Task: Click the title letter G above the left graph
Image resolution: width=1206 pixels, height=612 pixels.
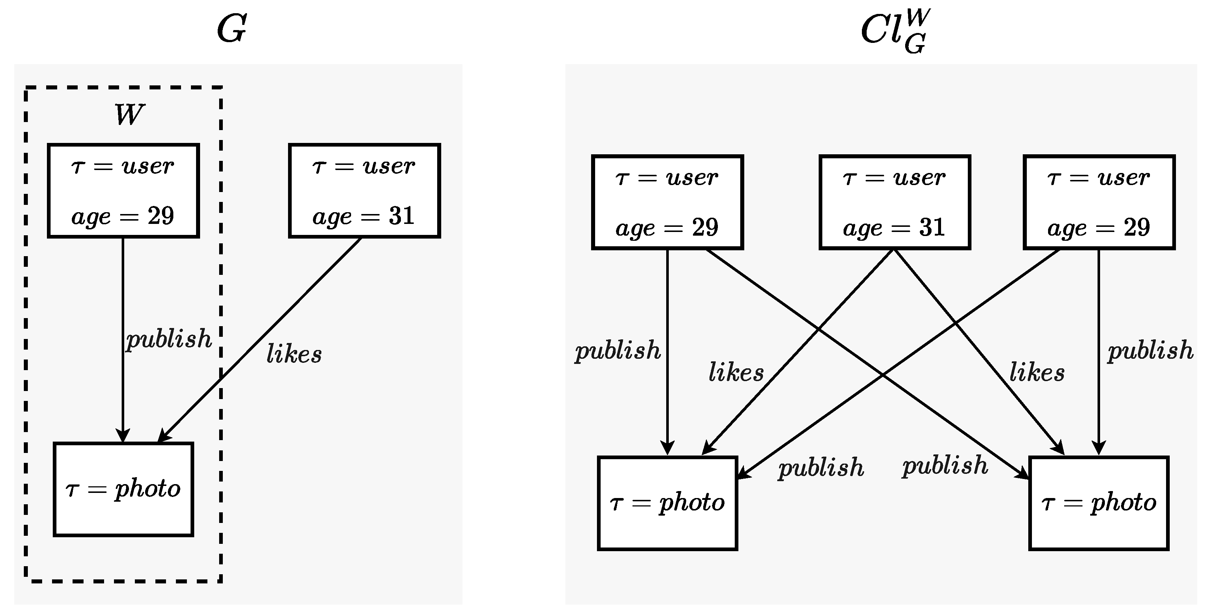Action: click(232, 29)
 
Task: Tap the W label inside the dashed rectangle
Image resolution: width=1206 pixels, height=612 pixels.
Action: click(129, 114)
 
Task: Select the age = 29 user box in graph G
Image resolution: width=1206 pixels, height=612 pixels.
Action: click(123, 191)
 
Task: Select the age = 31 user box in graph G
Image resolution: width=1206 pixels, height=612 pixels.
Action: click(364, 191)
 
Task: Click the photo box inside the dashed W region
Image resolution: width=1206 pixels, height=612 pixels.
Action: click(123, 489)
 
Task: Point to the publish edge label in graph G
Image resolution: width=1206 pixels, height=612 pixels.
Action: click(169, 339)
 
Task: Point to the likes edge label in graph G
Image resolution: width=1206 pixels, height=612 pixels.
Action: click(294, 354)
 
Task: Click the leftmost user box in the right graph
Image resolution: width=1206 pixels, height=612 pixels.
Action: click(667, 202)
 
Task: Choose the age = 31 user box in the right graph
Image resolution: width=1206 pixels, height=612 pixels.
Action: click(894, 202)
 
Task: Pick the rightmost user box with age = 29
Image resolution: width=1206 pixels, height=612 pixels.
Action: click(1099, 202)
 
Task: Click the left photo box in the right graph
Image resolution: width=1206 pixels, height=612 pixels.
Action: click(668, 503)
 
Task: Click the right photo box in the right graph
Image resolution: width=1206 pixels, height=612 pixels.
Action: click(1099, 503)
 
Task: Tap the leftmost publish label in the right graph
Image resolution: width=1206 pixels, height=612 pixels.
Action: click(617, 351)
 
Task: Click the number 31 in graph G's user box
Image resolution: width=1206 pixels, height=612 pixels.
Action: click(402, 216)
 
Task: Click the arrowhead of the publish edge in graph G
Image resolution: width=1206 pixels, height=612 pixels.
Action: click(123, 437)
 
